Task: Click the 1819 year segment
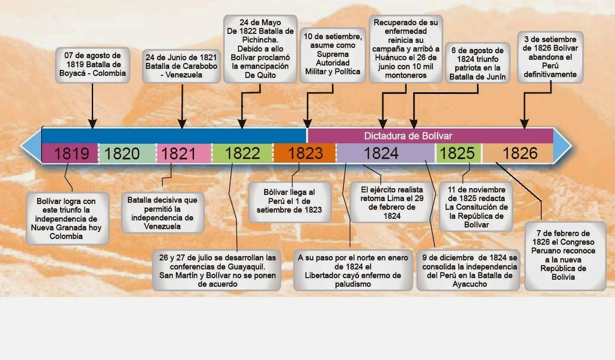coord(70,153)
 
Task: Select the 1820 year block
coord(127,153)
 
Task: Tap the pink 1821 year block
coord(184,153)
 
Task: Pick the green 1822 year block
coord(242,153)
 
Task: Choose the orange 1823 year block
coord(304,153)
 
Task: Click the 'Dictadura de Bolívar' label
coord(408,136)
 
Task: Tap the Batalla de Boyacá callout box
coord(92,65)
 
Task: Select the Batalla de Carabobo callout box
coord(181,66)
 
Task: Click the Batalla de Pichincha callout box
coord(260,49)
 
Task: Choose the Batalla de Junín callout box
coord(477,63)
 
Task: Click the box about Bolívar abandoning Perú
coord(550,57)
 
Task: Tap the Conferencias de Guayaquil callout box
coord(217,270)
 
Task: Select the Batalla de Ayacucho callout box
coord(469,270)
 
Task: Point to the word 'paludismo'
coord(353,284)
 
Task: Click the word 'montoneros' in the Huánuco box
coord(406,75)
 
